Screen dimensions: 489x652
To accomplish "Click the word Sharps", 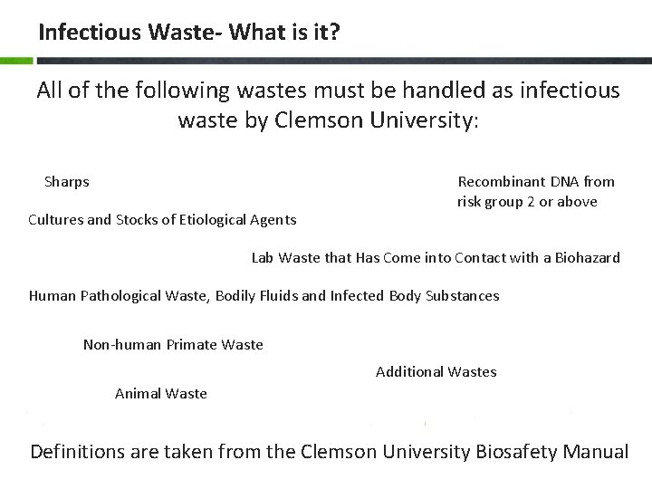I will [x=67, y=182].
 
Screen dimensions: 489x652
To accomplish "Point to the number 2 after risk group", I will [x=530, y=202].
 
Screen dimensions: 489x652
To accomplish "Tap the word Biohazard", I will [x=583, y=258].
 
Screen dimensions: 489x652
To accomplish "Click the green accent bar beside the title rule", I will [x=15, y=61].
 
